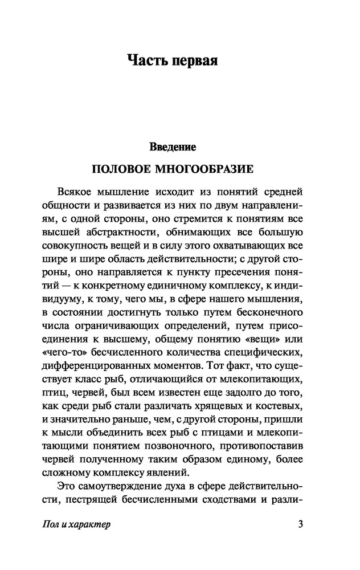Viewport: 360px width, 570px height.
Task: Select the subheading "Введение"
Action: pos(173,147)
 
